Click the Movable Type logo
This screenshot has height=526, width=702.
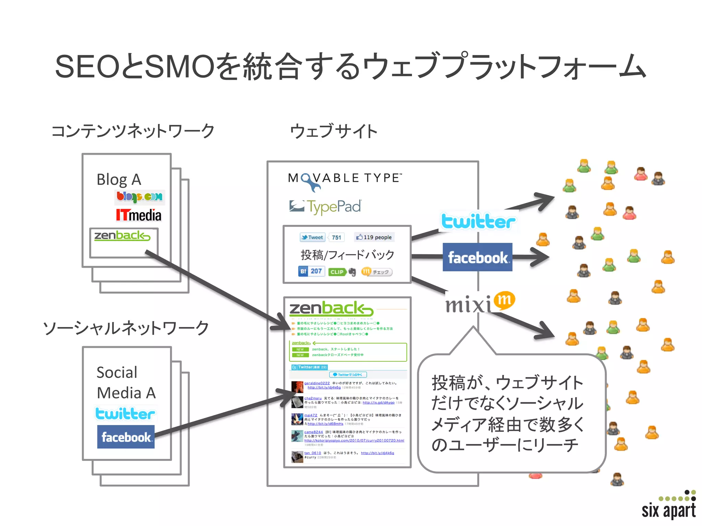(344, 179)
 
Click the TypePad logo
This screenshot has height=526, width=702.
(325, 206)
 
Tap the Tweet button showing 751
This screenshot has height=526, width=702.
(322, 237)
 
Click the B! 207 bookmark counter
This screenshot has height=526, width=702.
(311, 271)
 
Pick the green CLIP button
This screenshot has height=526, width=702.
(337, 272)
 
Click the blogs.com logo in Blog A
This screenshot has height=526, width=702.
(140, 197)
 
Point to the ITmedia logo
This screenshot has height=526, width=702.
(138, 215)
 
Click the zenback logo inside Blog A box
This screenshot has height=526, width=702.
(122, 236)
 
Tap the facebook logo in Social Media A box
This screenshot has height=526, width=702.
(126, 437)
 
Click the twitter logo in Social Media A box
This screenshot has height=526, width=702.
(125, 414)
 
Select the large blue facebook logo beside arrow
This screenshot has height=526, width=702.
(477, 258)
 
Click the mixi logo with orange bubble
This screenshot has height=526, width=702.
(480, 302)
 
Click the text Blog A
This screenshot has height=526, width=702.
(119, 179)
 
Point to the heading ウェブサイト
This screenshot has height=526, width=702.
(334, 131)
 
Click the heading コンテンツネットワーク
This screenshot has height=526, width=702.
(133, 131)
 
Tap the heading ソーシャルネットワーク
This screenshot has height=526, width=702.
(126, 328)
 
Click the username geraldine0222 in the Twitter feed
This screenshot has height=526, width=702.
(317, 383)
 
